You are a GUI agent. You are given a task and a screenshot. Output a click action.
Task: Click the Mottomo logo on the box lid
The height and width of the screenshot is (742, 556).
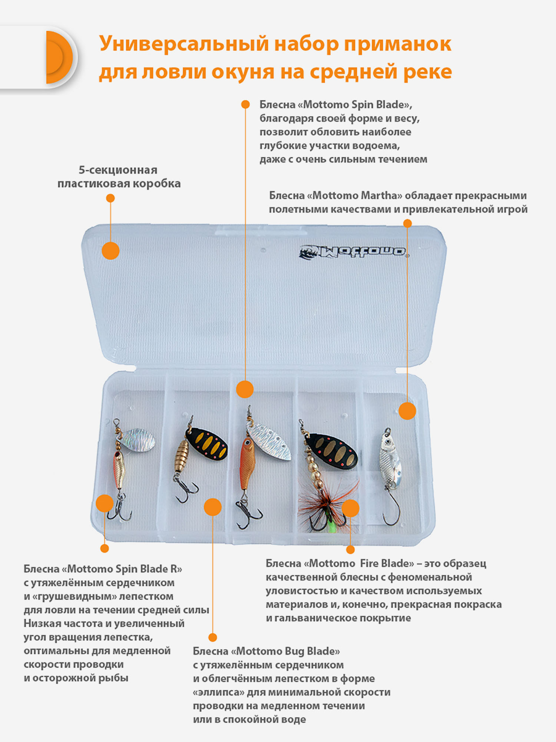point(354,252)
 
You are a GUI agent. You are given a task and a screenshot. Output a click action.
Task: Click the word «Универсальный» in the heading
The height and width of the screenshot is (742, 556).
point(184,44)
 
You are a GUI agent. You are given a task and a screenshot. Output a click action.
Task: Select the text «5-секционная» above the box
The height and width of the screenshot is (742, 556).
point(118,170)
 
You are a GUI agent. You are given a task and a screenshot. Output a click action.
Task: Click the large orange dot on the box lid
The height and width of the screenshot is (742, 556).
point(110,251)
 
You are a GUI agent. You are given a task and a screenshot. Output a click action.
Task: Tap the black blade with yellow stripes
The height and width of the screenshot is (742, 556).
point(207,444)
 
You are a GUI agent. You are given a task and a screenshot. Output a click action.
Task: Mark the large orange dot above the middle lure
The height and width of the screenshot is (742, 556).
point(245,389)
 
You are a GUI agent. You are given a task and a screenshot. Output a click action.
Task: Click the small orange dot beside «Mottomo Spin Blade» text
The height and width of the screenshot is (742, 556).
point(245,105)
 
